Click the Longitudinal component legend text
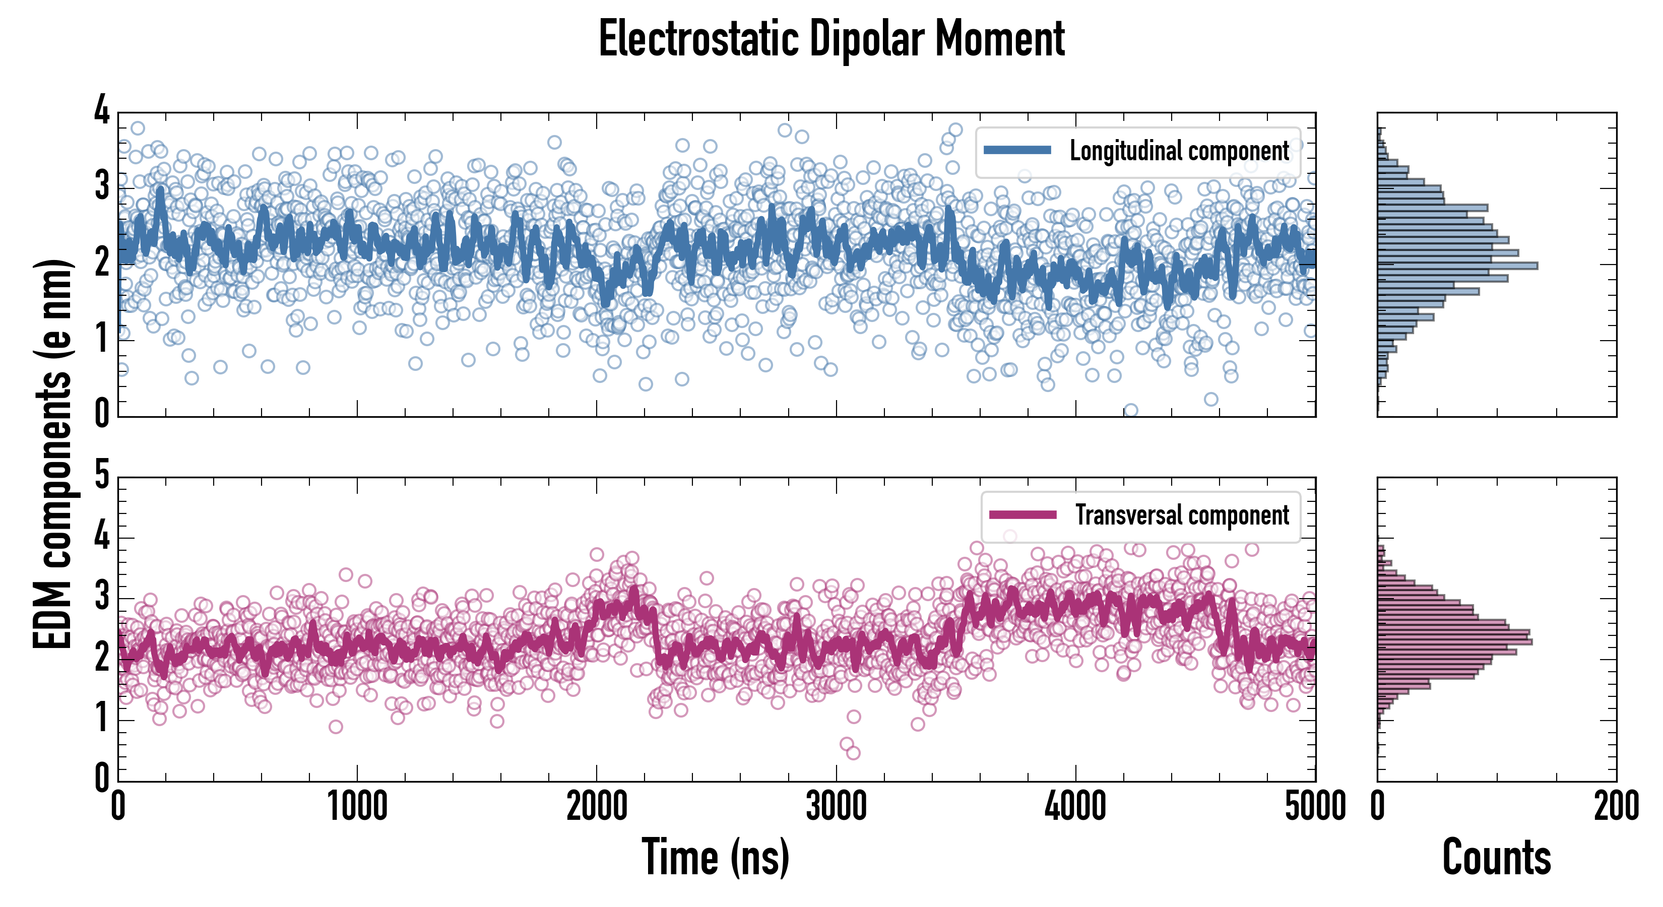click(1179, 151)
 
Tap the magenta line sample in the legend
click(1022, 514)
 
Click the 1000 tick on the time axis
click(357, 806)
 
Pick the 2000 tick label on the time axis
click(597, 806)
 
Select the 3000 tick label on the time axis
click(836, 806)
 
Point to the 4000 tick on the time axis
click(1075, 806)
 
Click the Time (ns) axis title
click(715, 857)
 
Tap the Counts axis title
click(1496, 857)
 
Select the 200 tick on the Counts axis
click(1616, 806)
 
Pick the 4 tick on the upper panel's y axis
click(102, 111)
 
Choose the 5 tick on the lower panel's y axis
click(102, 476)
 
